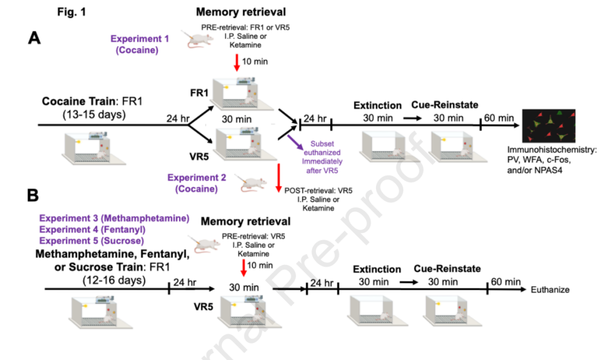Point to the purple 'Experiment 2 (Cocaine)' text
196,183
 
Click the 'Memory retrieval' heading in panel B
245,221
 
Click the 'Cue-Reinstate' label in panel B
447,269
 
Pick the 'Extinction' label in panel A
377,105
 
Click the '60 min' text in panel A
499,118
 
